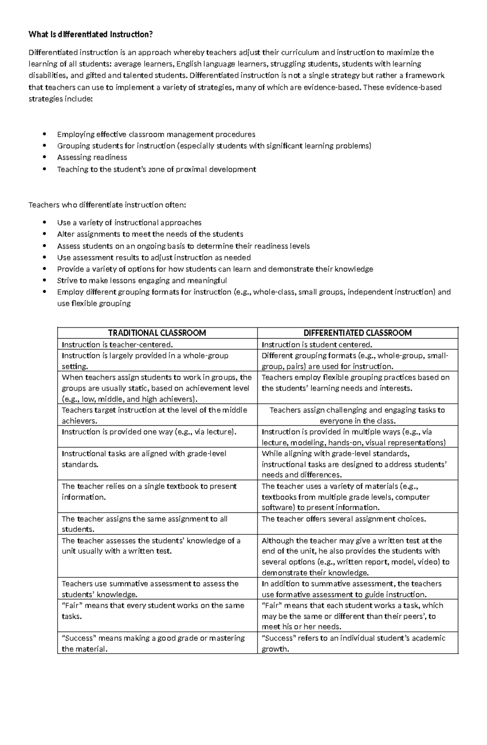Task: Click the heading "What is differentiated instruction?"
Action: pyautogui.click(x=91, y=35)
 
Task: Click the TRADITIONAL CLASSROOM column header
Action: pyautogui.click(x=157, y=333)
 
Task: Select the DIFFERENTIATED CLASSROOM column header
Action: pyautogui.click(x=358, y=333)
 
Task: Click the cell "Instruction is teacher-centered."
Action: pyautogui.click(x=117, y=345)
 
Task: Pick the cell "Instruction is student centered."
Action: pyautogui.click(x=317, y=345)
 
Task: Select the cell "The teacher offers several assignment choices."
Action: pyautogui.click(x=343, y=519)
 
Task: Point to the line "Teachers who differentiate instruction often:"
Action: pyautogui.click(x=107, y=205)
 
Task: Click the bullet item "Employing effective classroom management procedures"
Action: pyautogui.click(x=156, y=134)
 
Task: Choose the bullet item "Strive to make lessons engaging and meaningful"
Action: pyautogui.click(x=142, y=281)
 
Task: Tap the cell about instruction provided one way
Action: pyautogui.click(x=149, y=432)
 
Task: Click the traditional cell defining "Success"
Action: pyautogui.click(x=153, y=643)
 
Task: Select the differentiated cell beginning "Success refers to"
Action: pyautogui.click(x=353, y=643)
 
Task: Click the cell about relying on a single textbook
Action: pyautogui.click(x=149, y=491)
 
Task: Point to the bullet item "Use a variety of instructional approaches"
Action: pyautogui.click(x=129, y=222)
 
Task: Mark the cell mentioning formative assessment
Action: pyautogui.click(x=351, y=589)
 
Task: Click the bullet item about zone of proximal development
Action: pyautogui.click(x=156, y=169)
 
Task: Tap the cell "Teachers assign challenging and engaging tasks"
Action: pyautogui.click(x=357, y=415)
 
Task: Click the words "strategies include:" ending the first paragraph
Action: pyautogui.click(x=60, y=99)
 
